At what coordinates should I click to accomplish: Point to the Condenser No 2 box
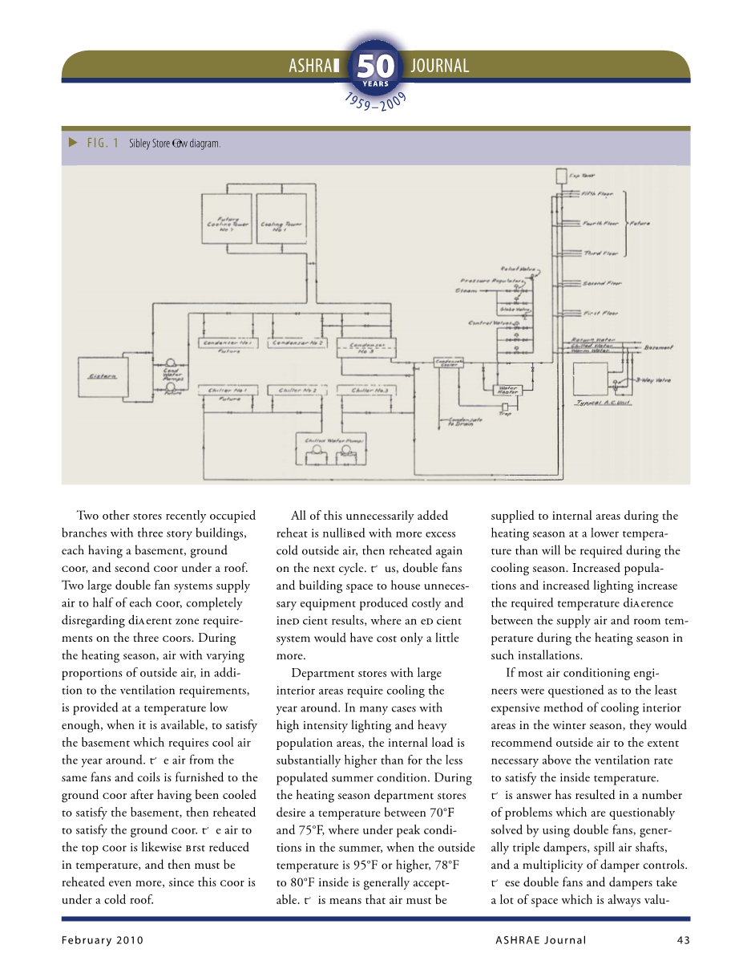click(298, 343)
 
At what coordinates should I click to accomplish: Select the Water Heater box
click(508, 390)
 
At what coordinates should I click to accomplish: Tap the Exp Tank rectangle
click(560, 176)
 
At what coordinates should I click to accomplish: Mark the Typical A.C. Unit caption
click(604, 403)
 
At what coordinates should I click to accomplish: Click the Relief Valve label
click(513, 269)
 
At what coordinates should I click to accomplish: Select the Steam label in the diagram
click(466, 290)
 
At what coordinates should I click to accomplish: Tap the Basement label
click(658, 347)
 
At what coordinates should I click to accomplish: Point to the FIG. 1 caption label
click(103, 144)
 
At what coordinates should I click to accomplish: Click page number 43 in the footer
click(682, 940)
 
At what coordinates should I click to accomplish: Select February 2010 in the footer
click(102, 940)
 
